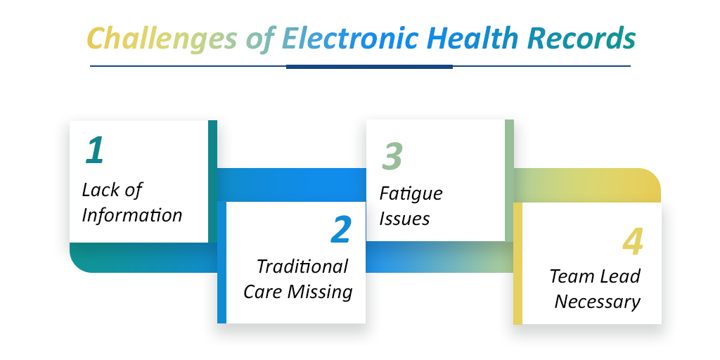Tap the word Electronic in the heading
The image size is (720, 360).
coord(350,38)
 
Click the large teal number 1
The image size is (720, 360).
coord(95,150)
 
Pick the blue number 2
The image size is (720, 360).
coord(341,230)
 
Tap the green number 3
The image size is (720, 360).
coord(392,155)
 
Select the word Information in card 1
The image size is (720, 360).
coord(131,215)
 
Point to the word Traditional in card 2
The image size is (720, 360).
coord(302,266)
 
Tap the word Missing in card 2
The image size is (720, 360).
coord(321,292)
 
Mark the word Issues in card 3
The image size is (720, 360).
coord(404,219)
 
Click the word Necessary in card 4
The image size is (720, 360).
coord(598,302)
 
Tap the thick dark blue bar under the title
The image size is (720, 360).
coord(369,67)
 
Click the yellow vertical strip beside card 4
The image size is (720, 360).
coord(517,263)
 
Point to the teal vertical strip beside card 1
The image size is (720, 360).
coord(212,181)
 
